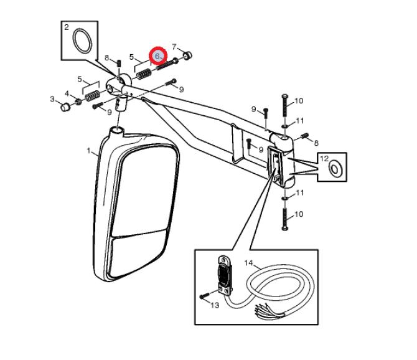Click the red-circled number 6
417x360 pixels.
157,57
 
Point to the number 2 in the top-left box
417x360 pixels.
67,27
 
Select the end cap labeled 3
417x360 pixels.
65,107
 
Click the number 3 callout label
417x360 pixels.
52,99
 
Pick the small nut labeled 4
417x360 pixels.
78,102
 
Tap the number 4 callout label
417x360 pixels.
67,93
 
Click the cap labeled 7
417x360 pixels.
187,56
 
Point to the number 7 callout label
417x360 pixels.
174,47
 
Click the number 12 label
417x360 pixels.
324,159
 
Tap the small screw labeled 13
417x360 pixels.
205,296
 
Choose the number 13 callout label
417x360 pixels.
215,305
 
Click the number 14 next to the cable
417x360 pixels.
249,263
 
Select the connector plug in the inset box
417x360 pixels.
225,275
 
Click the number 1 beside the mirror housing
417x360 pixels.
88,151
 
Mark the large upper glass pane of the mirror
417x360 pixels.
146,190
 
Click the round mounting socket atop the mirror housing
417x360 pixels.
117,131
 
